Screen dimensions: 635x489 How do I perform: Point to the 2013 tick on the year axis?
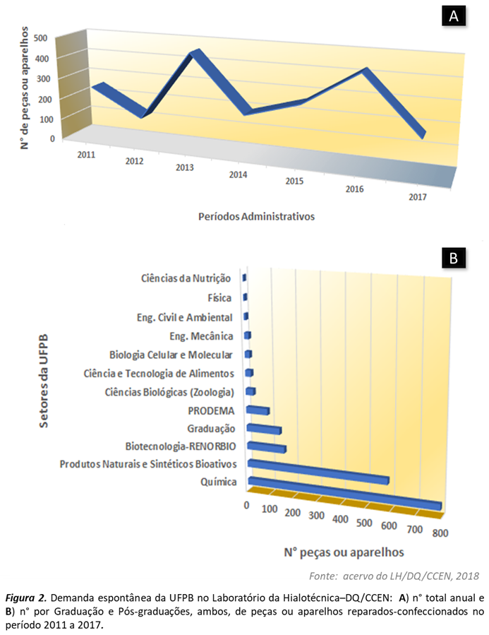tap(185, 167)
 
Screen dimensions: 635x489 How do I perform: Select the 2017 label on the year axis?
tap(417, 198)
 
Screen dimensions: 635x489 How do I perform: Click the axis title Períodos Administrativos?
tap(256, 216)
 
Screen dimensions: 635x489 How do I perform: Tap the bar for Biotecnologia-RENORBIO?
tap(266, 447)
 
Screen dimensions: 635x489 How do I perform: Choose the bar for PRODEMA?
tap(258, 410)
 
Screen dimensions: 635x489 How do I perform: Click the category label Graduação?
tap(210, 428)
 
